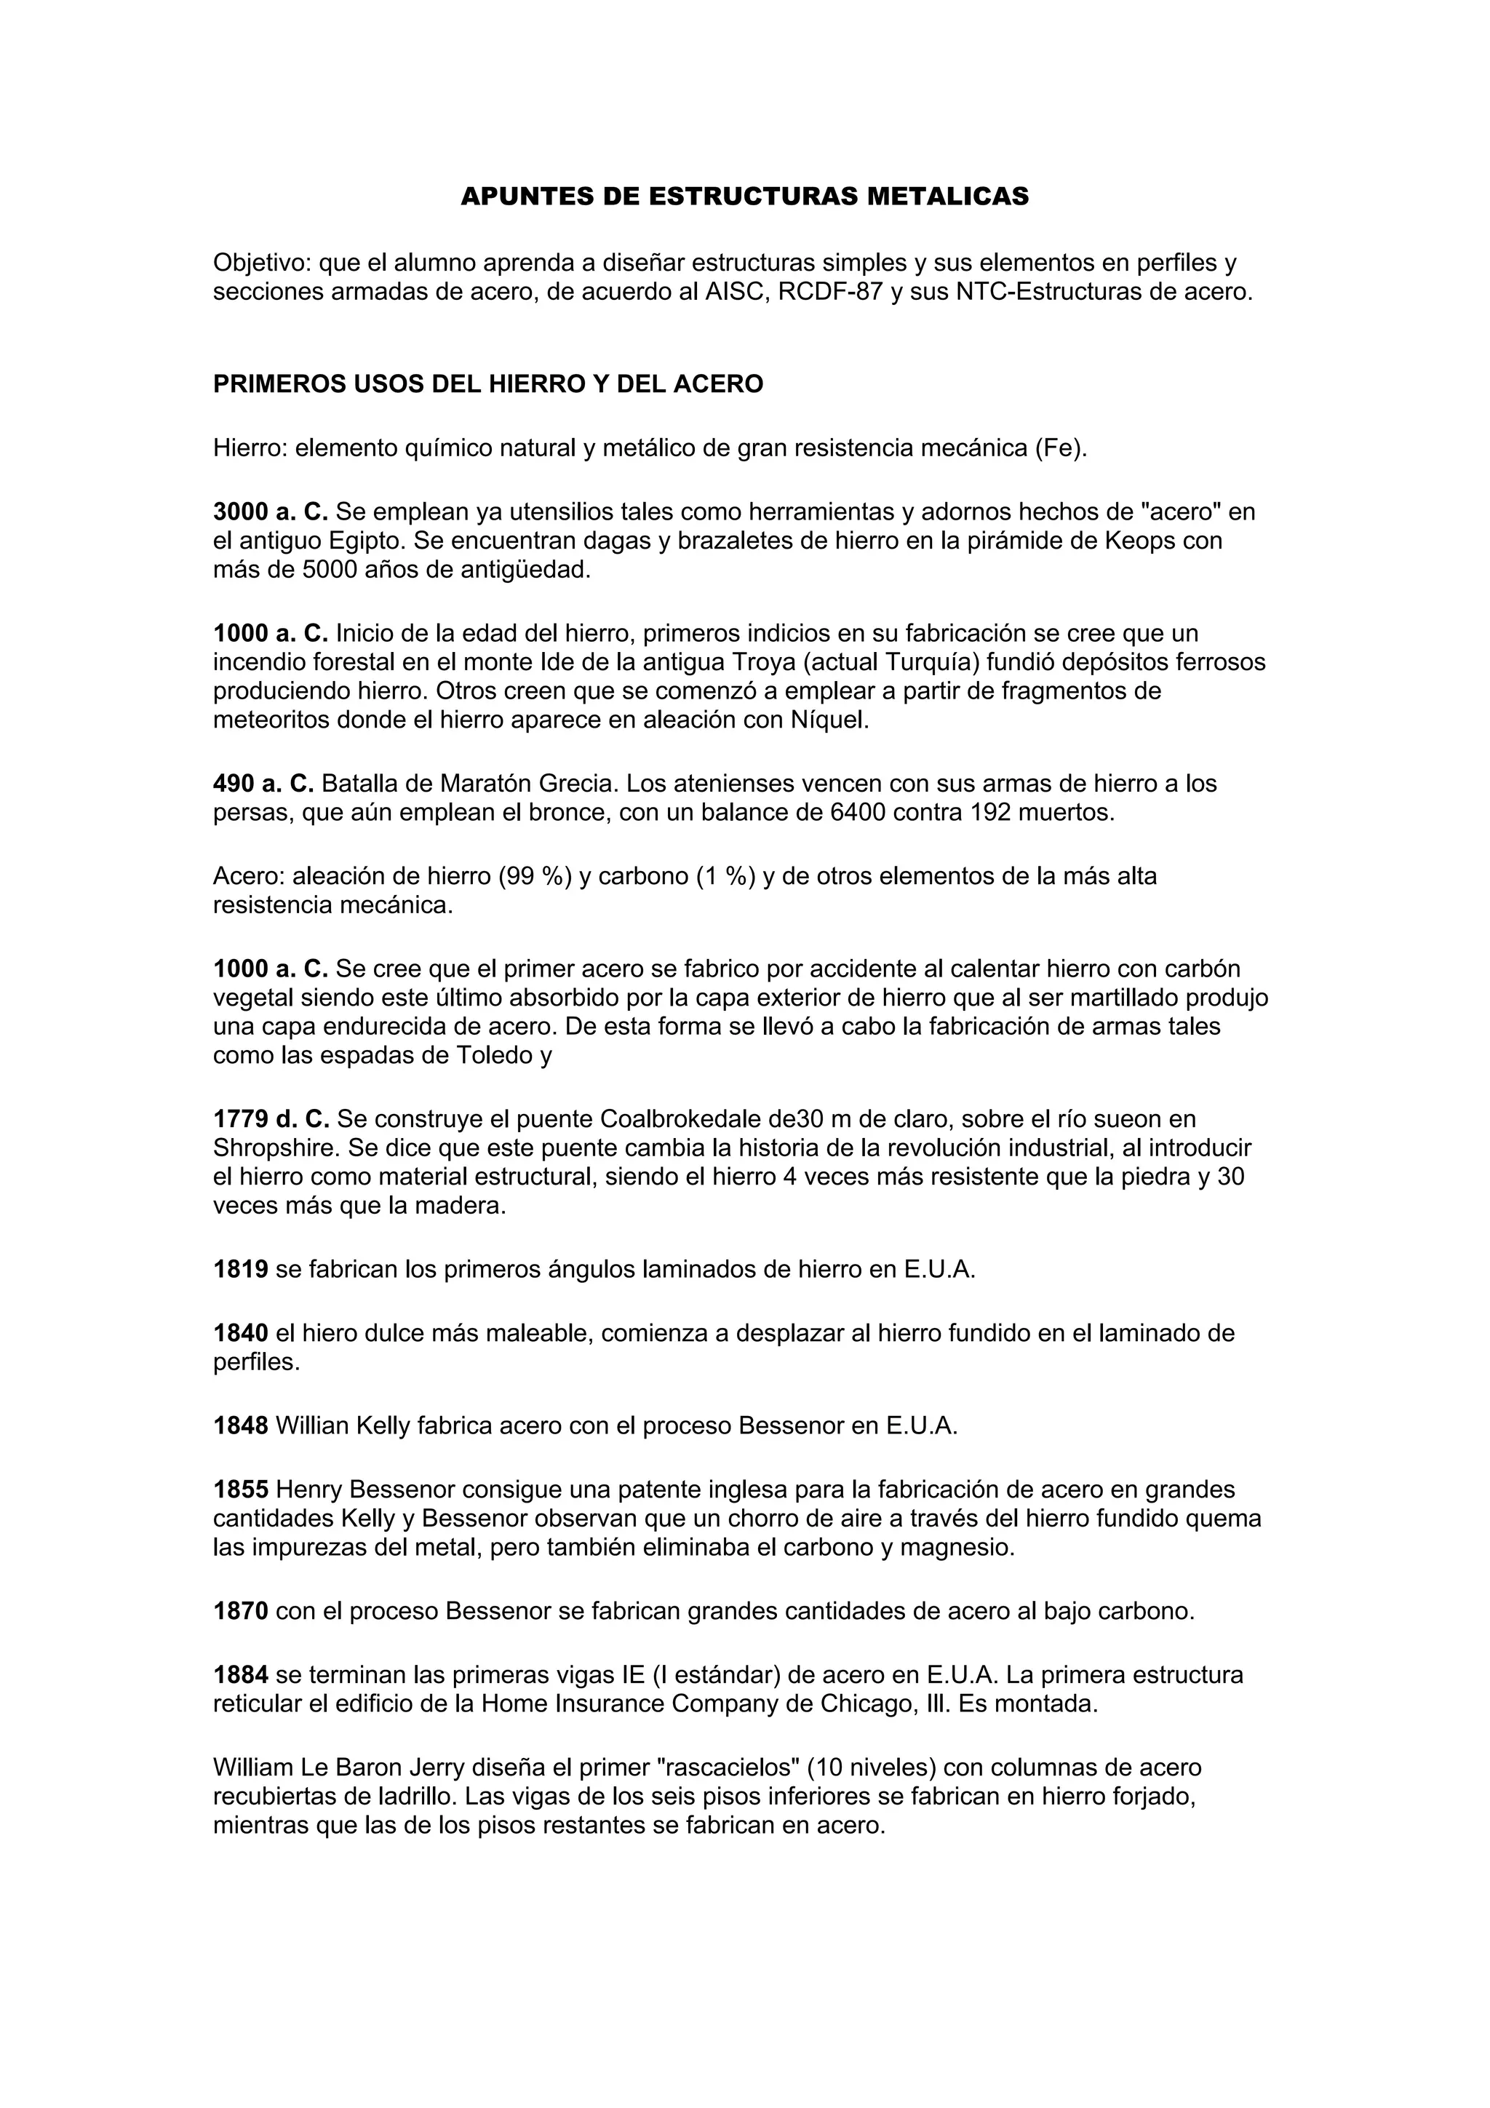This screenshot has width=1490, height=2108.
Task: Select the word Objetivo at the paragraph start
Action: [x=262, y=263]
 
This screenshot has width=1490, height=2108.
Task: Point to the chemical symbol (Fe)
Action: [x=1059, y=448]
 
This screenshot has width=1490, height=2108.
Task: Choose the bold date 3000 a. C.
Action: [x=270, y=512]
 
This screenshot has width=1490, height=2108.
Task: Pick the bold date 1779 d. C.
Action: [x=271, y=1119]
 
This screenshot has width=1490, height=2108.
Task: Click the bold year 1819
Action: [x=241, y=1270]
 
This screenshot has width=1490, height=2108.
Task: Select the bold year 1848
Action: [x=241, y=1426]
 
